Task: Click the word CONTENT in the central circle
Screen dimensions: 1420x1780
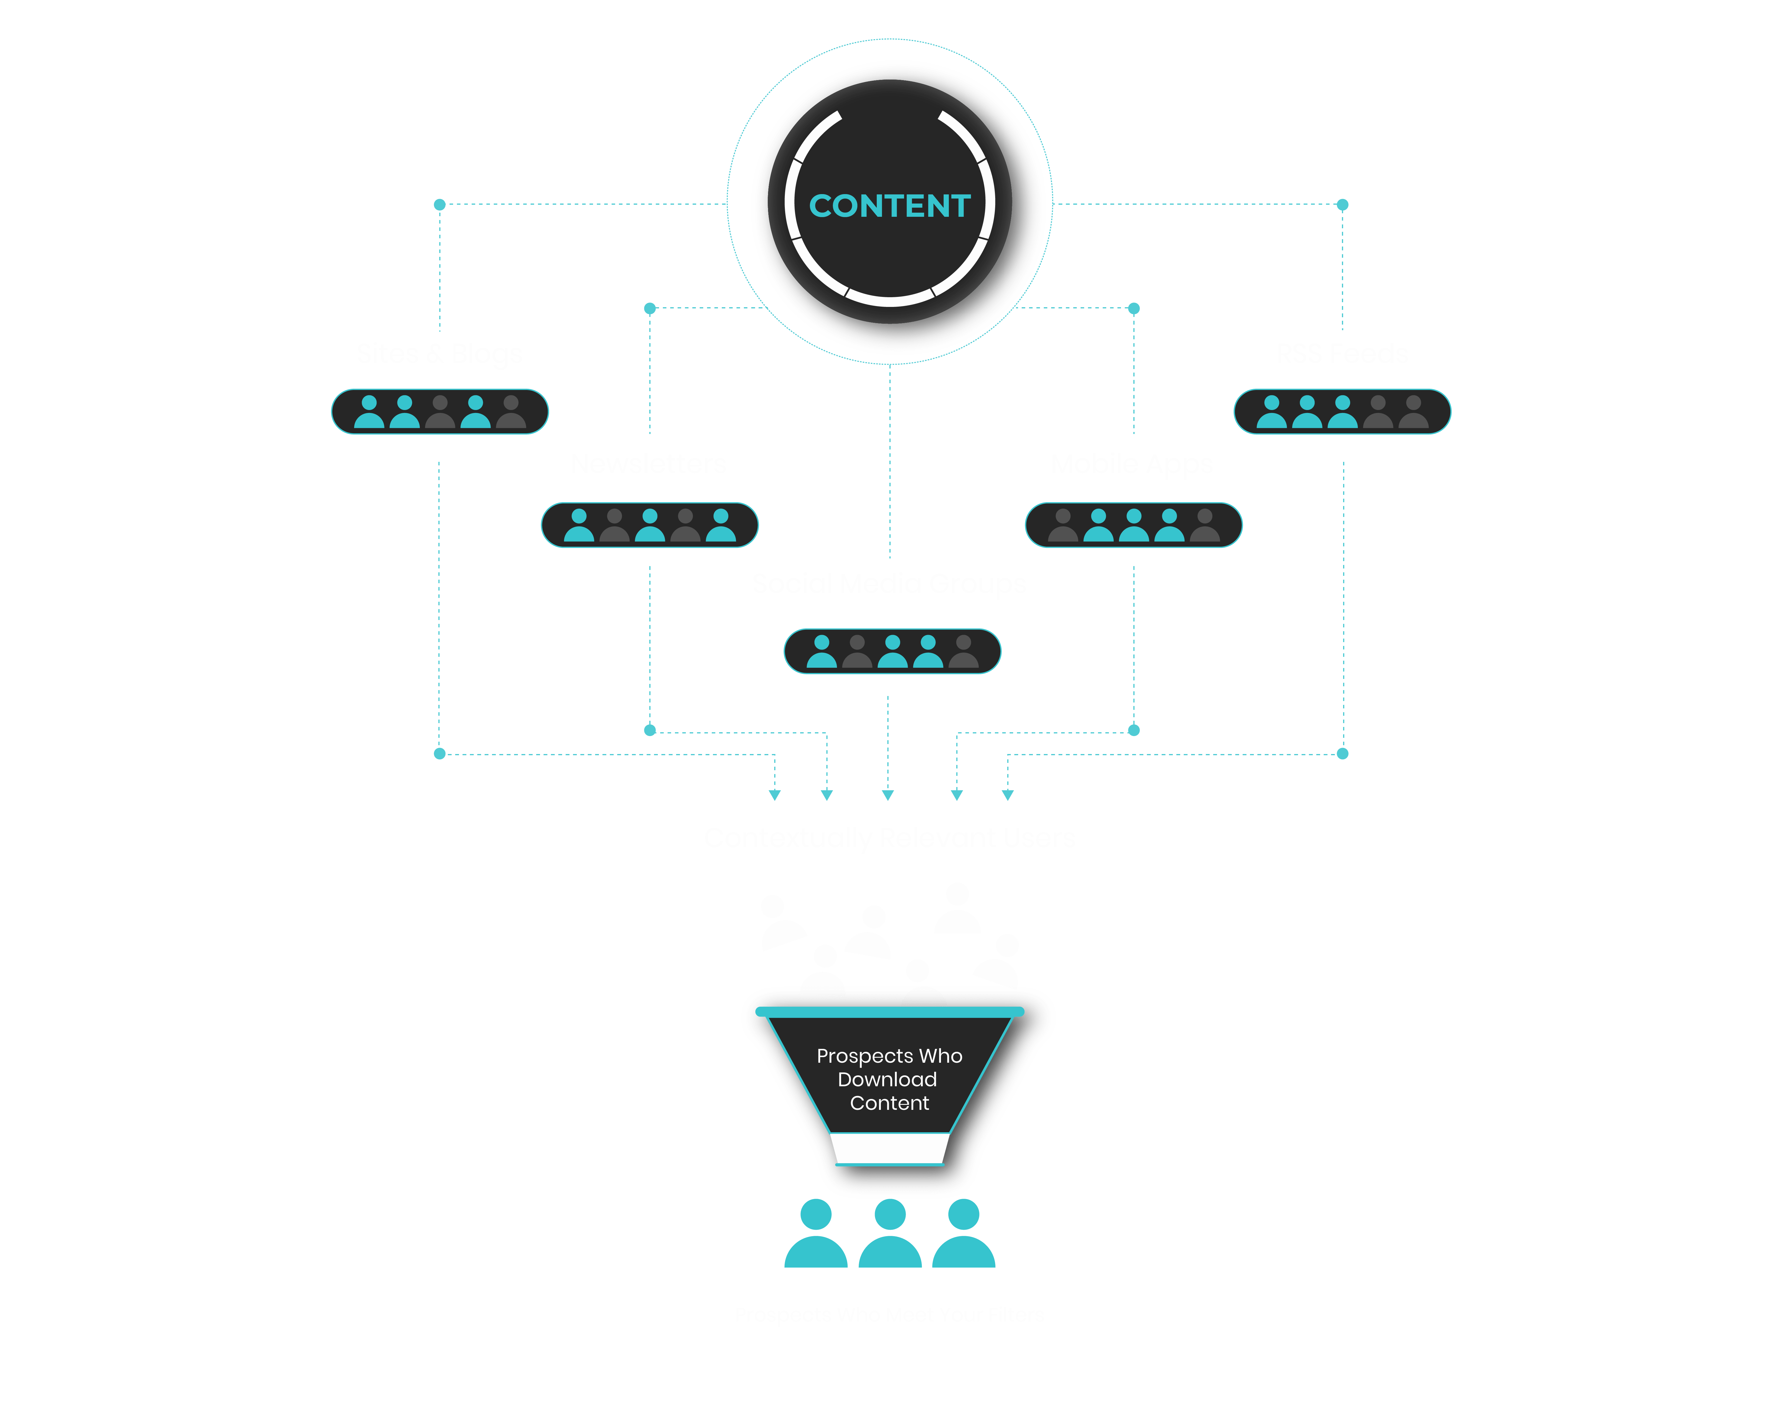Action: tap(889, 206)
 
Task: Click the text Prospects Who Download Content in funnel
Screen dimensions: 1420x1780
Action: tap(889, 1079)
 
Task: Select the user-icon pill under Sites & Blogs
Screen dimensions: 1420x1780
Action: tap(439, 411)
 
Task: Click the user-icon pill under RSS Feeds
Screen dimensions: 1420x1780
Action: tap(1342, 411)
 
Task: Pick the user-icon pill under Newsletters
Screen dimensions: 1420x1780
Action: tap(649, 525)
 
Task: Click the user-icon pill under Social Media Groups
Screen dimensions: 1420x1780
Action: tap(892, 651)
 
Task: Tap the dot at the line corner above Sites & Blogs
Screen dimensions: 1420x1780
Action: tap(439, 205)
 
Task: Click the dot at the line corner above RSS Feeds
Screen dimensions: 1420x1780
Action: tap(1343, 205)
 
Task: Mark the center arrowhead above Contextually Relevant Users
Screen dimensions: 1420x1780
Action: tap(888, 795)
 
